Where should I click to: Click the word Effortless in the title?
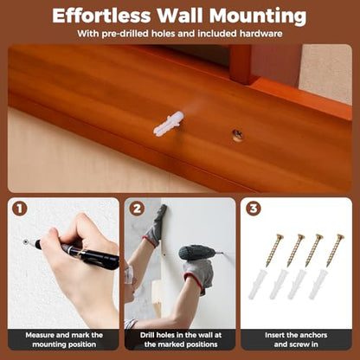tap(101, 16)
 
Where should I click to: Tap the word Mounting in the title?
tap(258, 16)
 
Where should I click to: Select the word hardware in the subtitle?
tap(260, 34)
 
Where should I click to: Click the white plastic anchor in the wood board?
tap(169, 123)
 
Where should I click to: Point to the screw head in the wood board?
tap(238, 134)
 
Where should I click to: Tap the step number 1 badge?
tap(20, 209)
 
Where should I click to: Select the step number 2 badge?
tap(137, 209)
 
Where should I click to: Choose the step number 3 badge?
tap(254, 209)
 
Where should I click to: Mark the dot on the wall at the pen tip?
tap(26, 241)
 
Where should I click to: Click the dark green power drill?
tap(197, 253)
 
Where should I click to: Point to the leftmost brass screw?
tap(274, 250)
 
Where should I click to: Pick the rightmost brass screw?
tap(335, 250)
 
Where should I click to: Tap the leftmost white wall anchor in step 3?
tap(256, 284)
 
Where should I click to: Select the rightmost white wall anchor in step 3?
tap(318, 284)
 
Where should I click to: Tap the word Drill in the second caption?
tap(147, 335)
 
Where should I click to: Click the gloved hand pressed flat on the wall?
tap(156, 226)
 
